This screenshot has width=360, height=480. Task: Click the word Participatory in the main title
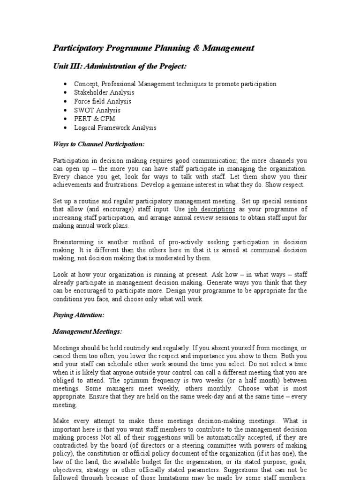(76, 48)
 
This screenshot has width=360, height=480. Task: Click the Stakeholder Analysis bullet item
(104, 93)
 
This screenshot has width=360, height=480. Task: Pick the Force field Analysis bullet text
(102, 101)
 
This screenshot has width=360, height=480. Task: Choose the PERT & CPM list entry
(94, 119)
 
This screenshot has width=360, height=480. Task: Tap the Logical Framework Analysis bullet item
(115, 127)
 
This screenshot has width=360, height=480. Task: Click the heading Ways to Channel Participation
(98, 144)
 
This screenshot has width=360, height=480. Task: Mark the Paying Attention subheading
(78, 315)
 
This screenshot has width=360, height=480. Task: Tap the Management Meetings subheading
(87, 332)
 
